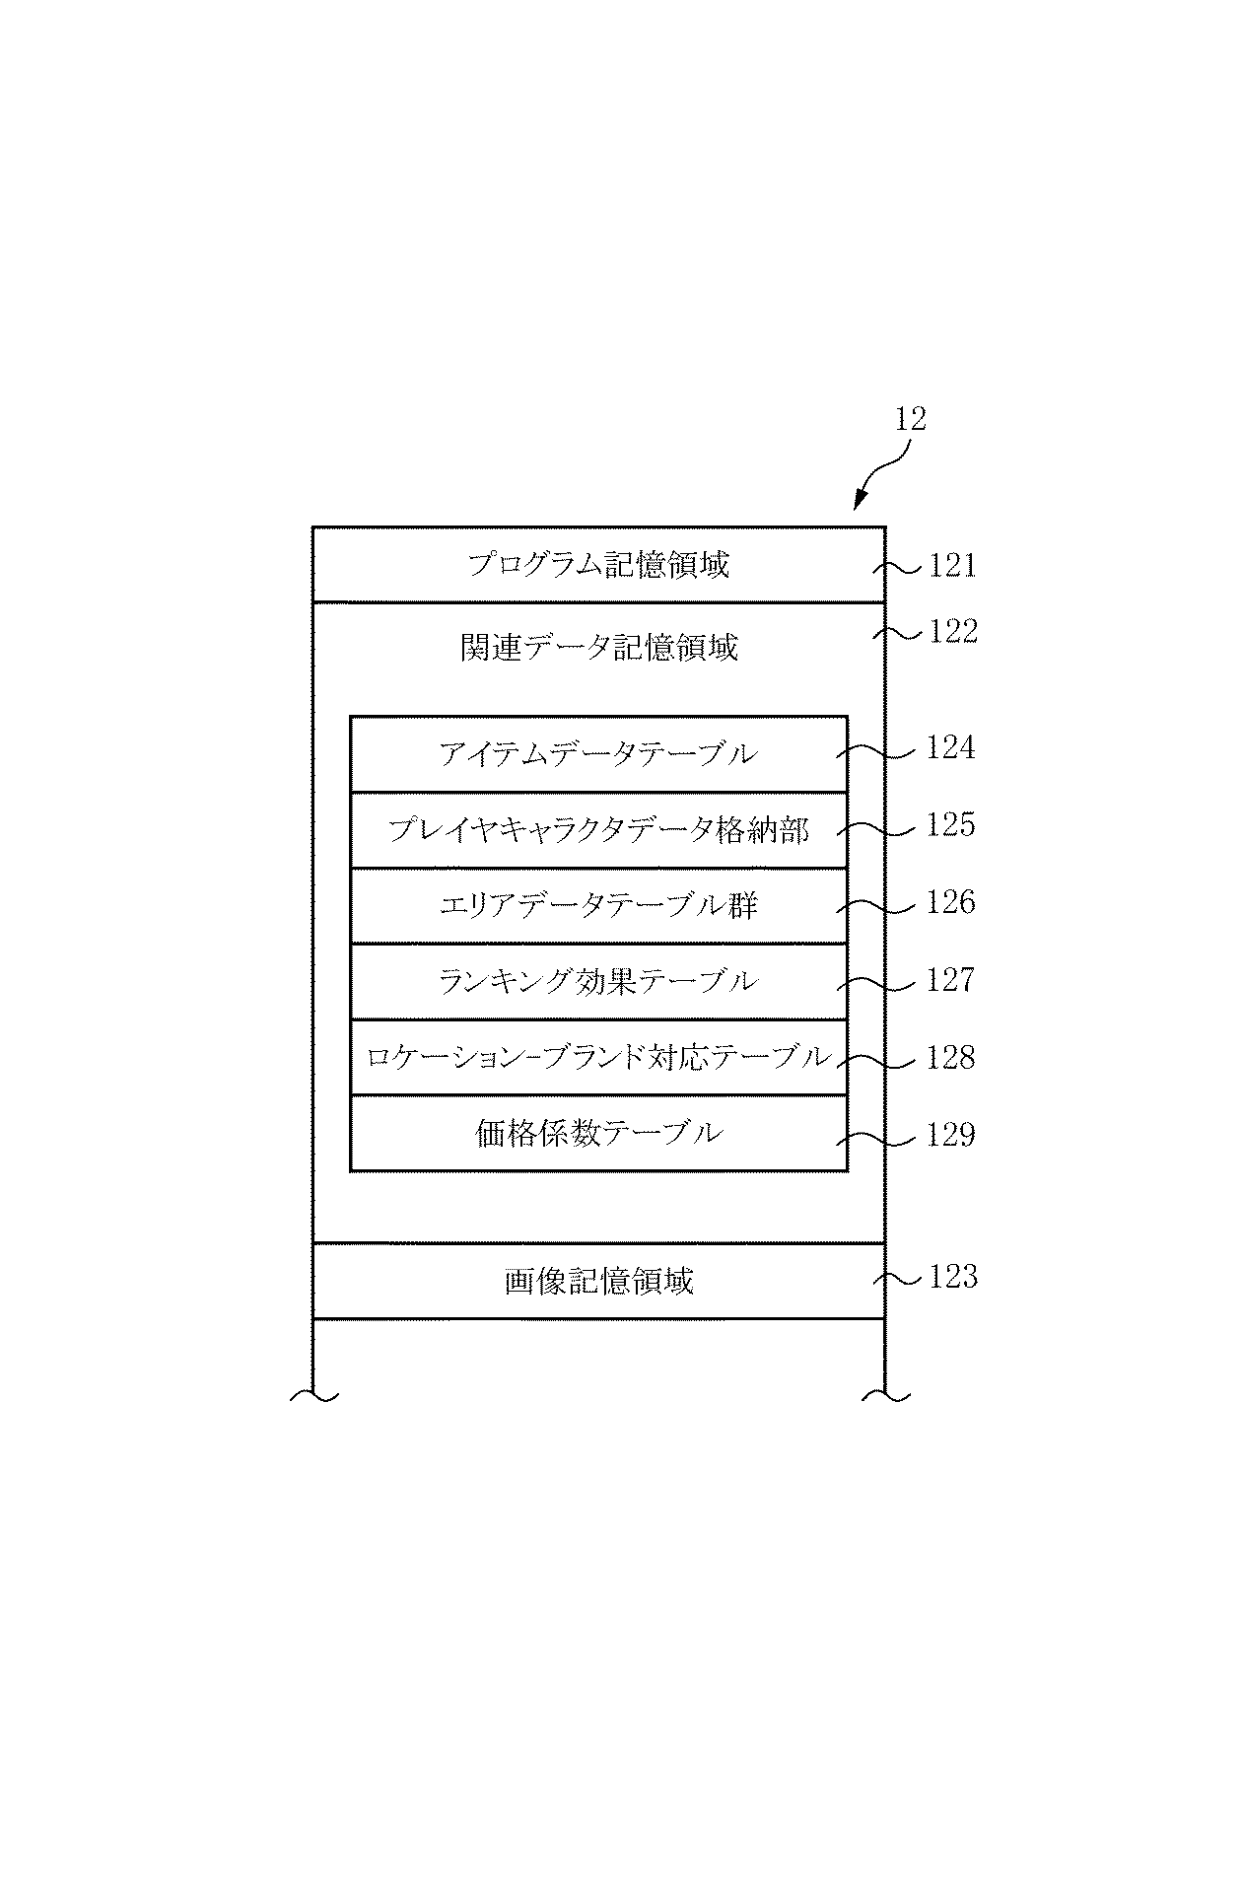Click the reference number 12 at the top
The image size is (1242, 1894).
click(x=911, y=419)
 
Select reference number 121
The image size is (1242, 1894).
click(x=952, y=566)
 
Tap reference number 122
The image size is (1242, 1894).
click(x=952, y=631)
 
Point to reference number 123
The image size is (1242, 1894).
click(x=952, y=1278)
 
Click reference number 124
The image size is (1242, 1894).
click(x=950, y=748)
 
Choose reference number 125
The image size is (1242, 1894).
click(x=950, y=825)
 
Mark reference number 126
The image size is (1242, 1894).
click(x=950, y=902)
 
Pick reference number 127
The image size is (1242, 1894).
click(x=950, y=980)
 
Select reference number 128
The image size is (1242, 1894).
click(x=950, y=1058)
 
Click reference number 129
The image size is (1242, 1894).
click(x=950, y=1136)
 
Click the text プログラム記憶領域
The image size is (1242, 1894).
click(x=598, y=565)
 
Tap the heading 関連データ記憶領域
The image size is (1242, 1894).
click(x=598, y=648)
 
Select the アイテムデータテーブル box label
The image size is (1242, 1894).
click(x=598, y=754)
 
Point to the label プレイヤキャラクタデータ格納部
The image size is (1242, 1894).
click(x=598, y=830)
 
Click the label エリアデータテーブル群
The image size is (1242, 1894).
click(x=598, y=906)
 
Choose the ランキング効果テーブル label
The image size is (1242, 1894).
click(x=598, y=982)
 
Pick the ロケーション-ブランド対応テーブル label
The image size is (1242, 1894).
click(x=598, y=1058)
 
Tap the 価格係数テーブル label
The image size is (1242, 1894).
click(x=598, y=1134)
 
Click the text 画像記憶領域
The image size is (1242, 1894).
click(x=598, y=1281)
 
